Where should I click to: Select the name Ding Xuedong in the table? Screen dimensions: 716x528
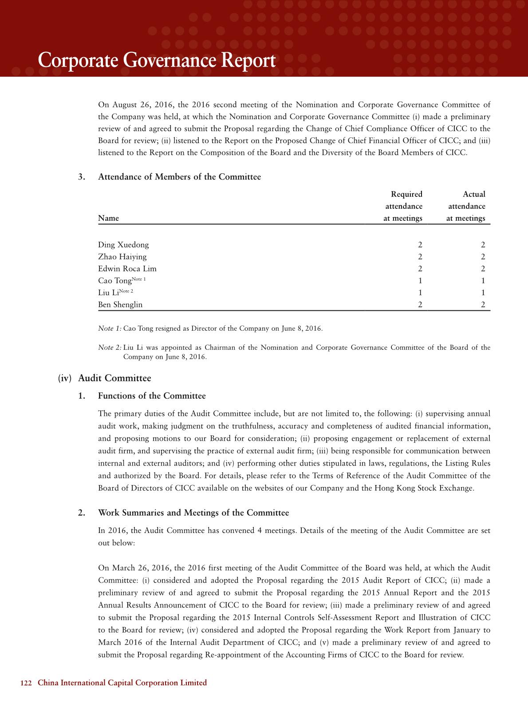123,245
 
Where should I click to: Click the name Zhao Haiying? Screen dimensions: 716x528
122,257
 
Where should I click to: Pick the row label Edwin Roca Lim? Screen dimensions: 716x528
127,269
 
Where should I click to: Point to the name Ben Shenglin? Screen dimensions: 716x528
120,305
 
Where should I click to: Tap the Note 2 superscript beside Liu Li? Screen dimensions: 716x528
126,291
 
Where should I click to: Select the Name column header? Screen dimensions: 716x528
108,218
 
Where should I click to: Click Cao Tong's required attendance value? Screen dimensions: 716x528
420,281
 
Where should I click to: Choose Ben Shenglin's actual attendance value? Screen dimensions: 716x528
483,305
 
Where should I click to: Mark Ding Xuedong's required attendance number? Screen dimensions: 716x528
420,245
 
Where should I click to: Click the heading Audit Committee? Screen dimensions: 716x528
114,378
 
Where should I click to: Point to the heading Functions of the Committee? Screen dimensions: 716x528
152,396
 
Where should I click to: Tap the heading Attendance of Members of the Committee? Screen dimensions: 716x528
179,177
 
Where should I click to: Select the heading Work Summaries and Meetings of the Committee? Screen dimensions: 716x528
193,513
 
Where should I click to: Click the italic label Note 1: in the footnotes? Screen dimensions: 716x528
110,329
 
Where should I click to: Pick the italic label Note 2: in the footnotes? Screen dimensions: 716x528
110,348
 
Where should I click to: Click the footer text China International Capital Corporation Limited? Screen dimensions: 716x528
122,683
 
